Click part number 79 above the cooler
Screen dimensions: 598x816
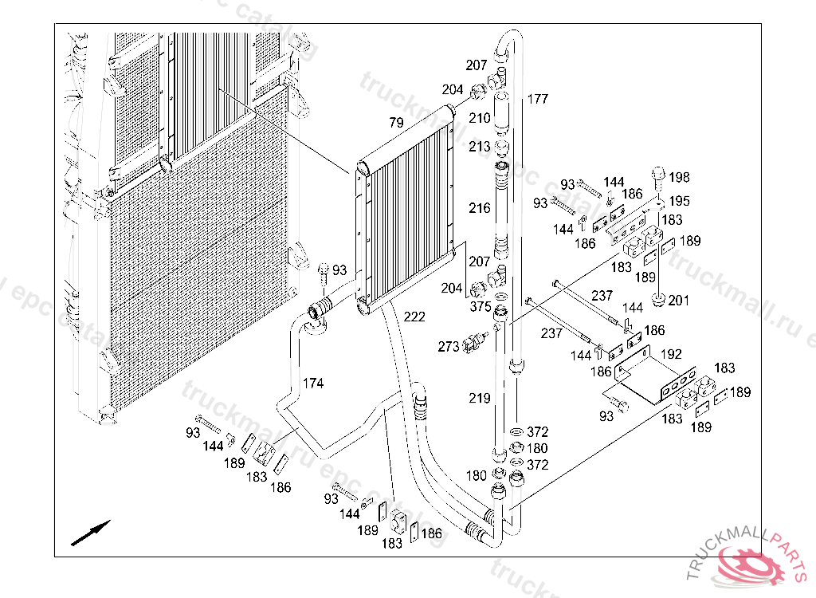396,123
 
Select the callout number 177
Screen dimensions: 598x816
538,99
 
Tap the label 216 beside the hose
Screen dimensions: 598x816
480,208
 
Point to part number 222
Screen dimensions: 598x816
414,317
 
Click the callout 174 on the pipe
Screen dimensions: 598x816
313,384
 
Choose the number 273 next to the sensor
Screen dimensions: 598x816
449,346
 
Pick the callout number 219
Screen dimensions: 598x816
480,398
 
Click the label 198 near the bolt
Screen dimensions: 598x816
680,177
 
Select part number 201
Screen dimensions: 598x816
679,301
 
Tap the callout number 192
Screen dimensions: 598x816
671,353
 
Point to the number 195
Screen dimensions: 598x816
680,201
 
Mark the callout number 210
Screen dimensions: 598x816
480,118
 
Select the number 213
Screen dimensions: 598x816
480,147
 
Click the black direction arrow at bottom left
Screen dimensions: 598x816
90,533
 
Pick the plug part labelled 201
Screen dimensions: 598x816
660,299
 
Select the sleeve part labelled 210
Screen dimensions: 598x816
503,112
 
